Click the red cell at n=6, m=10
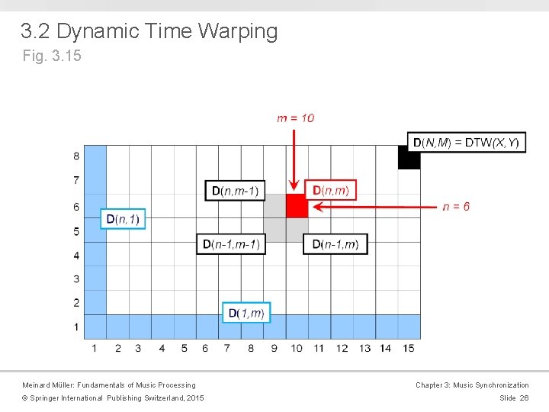pyautogui.click(x=297, y=206)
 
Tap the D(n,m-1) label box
pyautogui.click(x=235, y=190)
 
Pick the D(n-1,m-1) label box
pyautogui.click(x=231, y=244)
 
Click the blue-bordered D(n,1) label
pyautogui.click(x=122, y=219)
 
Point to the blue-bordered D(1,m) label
pyautogui.click(x=246, y=313)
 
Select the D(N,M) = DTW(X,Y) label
pyautogui.click(x=466, y=143)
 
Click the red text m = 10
pyautogui.click(x=295, y=117)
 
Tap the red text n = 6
pyautogui.click(x=456, y=207)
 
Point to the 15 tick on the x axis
pyautogui.click(x=409, y=349)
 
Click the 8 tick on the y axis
pyautogui.click(x=76, y=156)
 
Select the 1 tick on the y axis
pyautogui.click(x=76, y=327)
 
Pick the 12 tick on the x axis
pyautogui.click(x=342, y=349)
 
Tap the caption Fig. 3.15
pyautogui.click(x=52, y=56)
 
